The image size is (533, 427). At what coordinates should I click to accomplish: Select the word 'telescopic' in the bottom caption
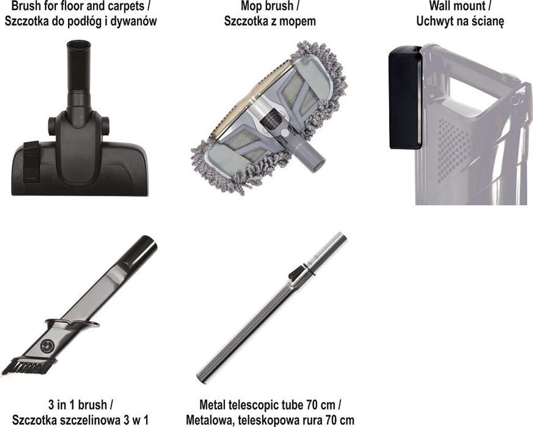tap(251, 406)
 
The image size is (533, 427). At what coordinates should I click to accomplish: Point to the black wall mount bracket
tap(404, 98)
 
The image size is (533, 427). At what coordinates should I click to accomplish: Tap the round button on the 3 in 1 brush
tap(46, 346)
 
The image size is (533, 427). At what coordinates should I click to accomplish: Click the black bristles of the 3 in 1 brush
tap(24, 366)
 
